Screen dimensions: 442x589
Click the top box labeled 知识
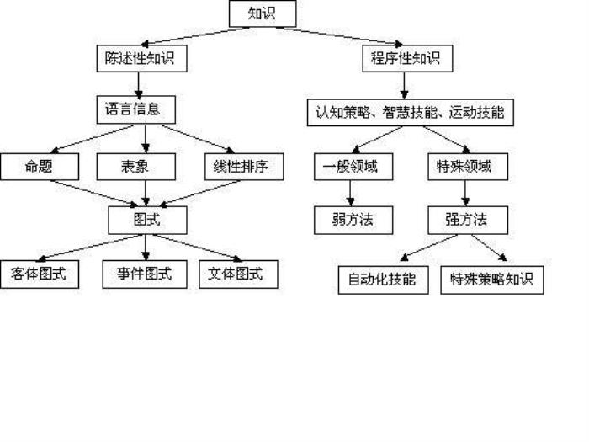coord(263,13)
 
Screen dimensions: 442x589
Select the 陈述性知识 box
coord(141,59)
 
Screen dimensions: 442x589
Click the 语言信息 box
coord(139,109)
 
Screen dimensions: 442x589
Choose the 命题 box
coord(39,167)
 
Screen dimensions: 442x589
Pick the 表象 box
coord(135,167)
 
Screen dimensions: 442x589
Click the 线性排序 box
coord(243,167)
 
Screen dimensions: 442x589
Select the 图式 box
coord(147,220)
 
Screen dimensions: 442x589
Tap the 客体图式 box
coord(39,274)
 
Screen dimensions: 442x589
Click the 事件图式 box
coord(145,273)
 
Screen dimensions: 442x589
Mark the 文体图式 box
coord(238,274)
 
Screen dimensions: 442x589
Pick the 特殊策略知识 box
coord(492,280)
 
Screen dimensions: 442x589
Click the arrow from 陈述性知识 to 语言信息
coord(139,84)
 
